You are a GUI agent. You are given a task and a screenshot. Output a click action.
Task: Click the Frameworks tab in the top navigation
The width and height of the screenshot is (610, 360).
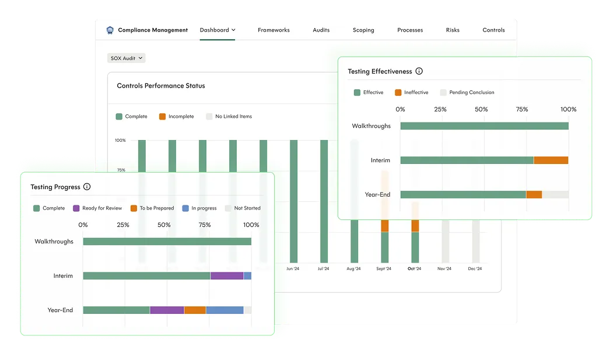point(274,30)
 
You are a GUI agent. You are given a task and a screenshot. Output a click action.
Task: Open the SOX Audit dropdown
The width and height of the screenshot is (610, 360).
point(127,58)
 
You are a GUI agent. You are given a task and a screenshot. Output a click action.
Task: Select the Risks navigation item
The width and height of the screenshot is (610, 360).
point(453,30)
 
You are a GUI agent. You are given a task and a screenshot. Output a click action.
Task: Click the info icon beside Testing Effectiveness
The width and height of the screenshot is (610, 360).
point(419,71)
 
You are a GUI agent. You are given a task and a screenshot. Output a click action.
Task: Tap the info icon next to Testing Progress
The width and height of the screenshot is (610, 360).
point(87,187)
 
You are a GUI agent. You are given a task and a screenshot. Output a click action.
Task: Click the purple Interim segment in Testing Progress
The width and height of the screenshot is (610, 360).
point(227,276)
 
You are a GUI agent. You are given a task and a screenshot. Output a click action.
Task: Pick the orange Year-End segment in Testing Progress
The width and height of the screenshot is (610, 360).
point(195,310)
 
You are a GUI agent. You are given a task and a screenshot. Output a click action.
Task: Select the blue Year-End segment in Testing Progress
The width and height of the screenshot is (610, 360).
point(225,310)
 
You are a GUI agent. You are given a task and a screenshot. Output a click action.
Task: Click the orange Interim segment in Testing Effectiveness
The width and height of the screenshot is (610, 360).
point(551,160)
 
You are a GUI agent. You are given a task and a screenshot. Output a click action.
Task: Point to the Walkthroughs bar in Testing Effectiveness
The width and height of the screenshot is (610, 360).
point(484,126)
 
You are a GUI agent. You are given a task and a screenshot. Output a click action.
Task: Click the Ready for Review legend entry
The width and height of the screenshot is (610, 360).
point(97,208)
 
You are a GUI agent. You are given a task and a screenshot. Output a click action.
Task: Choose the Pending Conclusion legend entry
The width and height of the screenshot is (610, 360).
point(467,93)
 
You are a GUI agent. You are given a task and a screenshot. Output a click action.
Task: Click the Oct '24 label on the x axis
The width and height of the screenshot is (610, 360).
point(415,269)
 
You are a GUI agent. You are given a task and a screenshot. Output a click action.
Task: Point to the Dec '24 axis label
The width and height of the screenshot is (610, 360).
point(475,269)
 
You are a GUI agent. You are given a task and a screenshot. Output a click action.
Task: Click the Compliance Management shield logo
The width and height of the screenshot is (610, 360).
point(110,30)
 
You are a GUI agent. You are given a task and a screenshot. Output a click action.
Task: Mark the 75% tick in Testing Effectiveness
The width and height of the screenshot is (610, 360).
point(522,109)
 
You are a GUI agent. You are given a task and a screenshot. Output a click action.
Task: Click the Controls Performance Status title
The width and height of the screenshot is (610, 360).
point(161,86)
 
